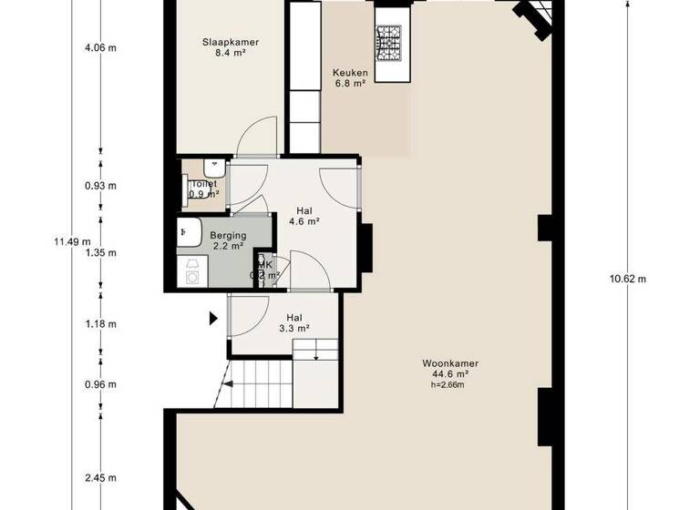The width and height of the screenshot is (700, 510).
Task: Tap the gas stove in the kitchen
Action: [389, 40]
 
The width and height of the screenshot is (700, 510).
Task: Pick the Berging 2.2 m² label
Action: [227, 240]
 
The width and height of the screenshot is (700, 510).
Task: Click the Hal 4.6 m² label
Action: [304, 214]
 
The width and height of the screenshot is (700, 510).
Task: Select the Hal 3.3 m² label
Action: [294, 322]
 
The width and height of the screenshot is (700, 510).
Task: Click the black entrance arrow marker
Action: [213, 318]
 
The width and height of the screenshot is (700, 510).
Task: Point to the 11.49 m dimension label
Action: [72, 241]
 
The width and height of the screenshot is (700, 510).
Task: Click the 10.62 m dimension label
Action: [627, 279]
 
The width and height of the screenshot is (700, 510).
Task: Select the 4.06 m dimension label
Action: [100, 49]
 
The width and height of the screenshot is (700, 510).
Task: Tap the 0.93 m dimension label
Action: [100, 186]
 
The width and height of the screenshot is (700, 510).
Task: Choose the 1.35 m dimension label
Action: [100, 253]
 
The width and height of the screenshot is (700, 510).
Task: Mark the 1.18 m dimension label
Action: [100, 323]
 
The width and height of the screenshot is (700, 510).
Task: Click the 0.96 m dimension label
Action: [100, 384]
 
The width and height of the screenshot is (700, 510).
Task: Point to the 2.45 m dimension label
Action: [100, 477]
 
